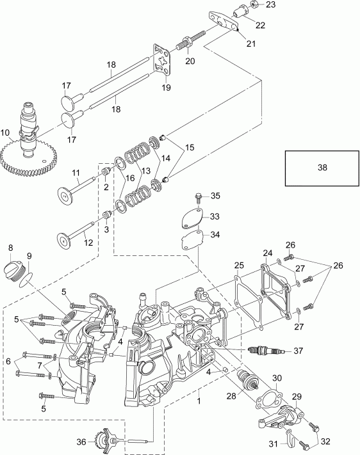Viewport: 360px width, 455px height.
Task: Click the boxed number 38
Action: coord(322,167)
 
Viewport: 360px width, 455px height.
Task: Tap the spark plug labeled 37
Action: coord(264,350)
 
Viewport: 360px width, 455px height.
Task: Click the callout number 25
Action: coord(238,265)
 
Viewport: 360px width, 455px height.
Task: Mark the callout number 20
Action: coord(190,61)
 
